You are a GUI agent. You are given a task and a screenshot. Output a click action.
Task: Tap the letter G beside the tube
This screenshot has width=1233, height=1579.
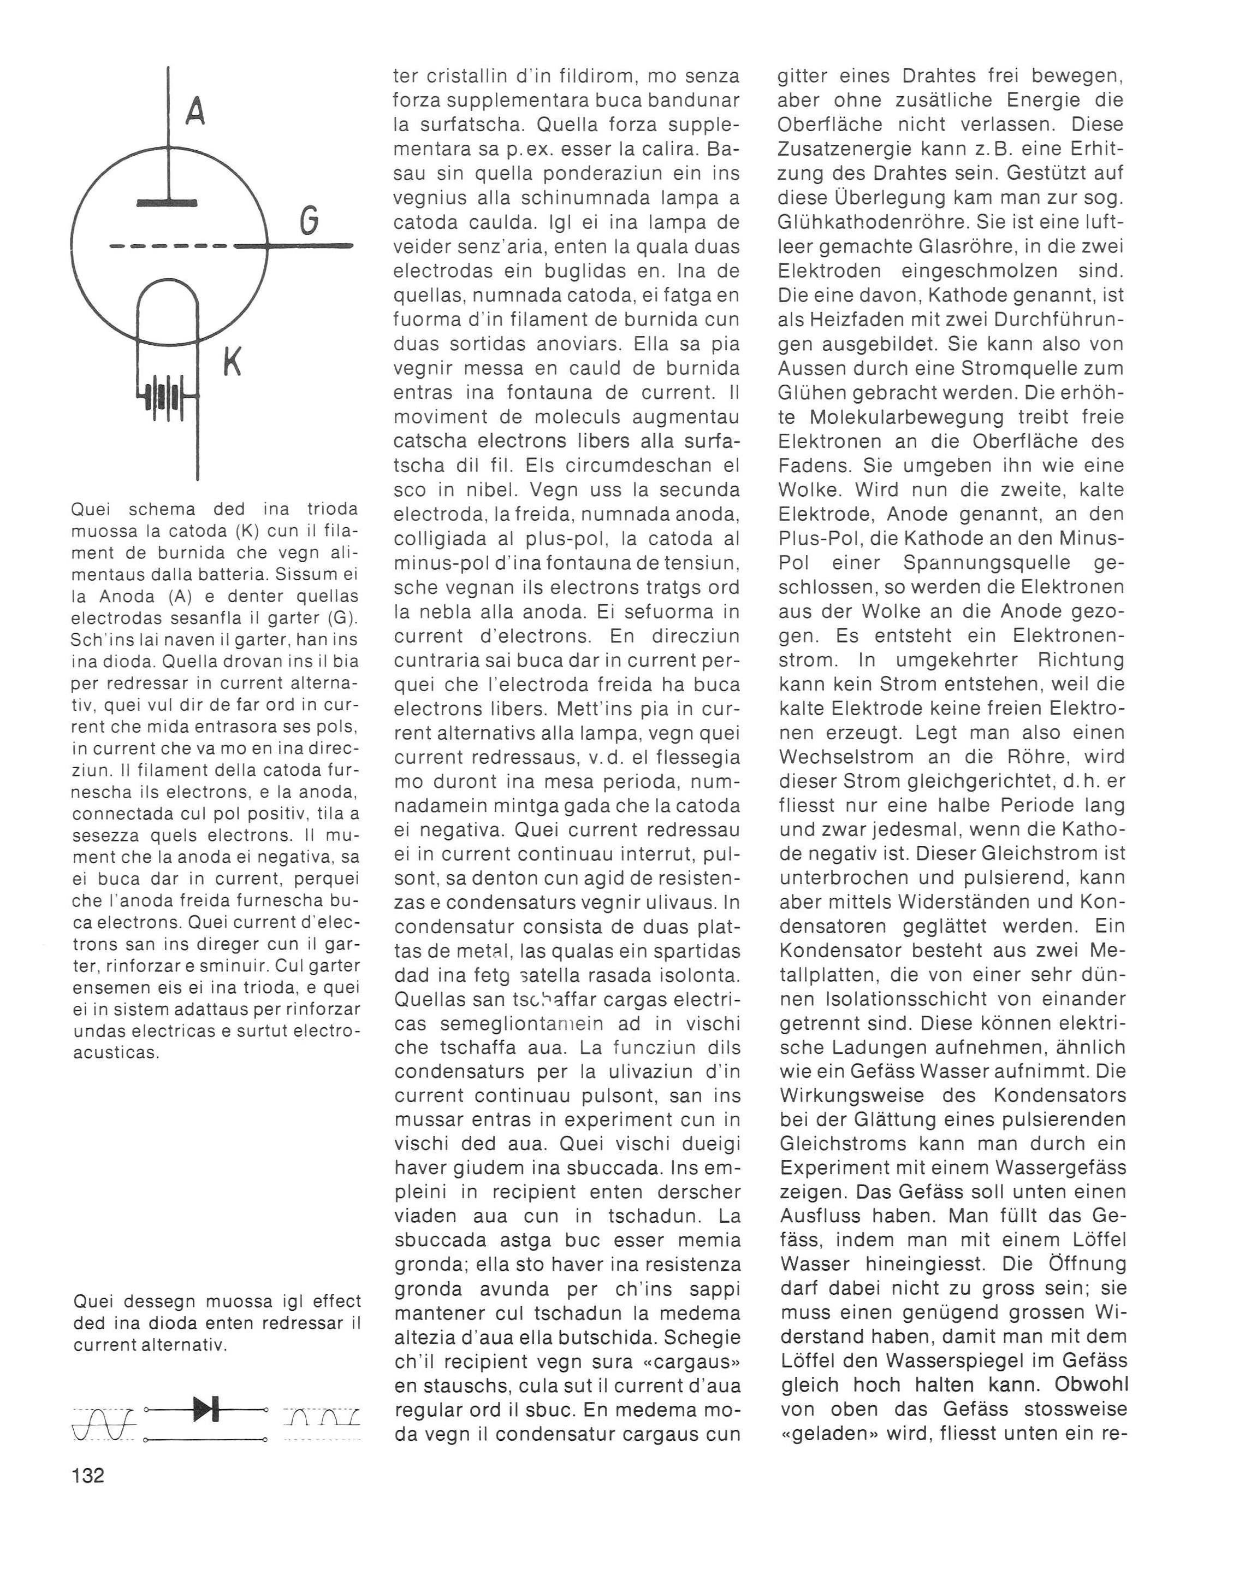point(309,221)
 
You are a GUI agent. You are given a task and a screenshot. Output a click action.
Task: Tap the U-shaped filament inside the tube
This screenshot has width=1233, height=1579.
point(168,304)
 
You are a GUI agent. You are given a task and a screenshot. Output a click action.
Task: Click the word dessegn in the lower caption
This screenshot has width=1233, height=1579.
point(152,1301)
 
